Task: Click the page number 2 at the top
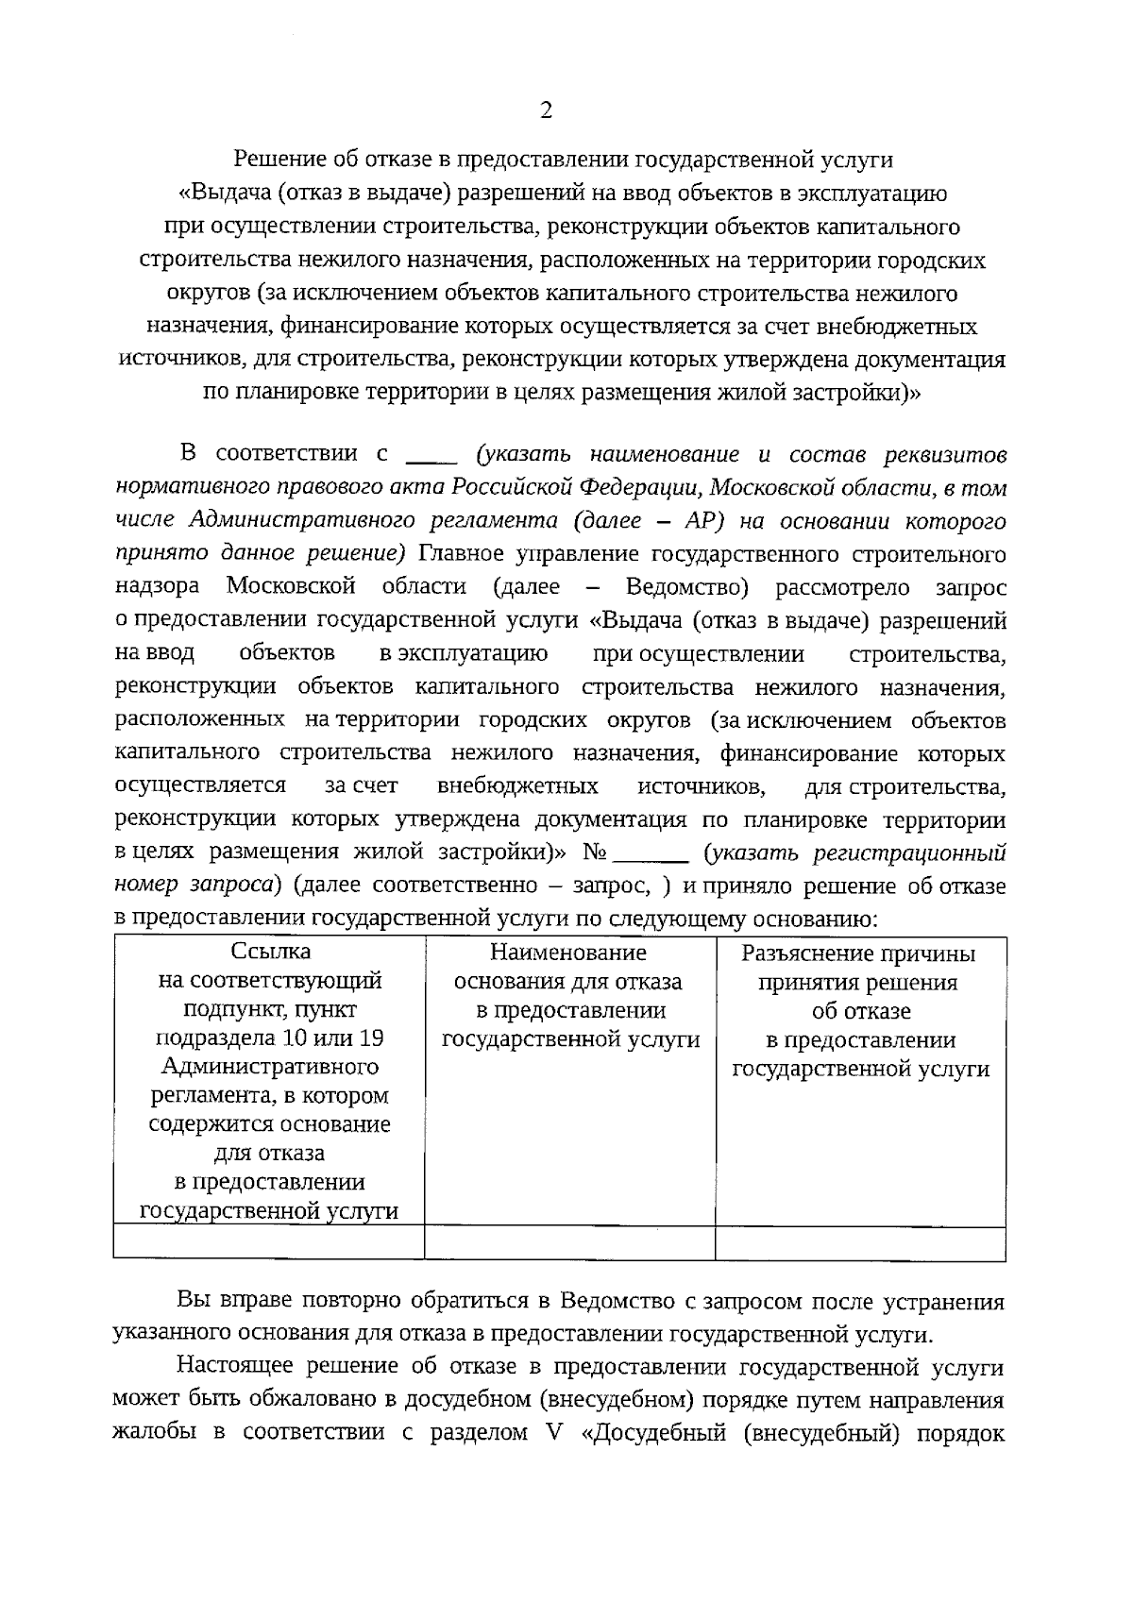pos(545,111)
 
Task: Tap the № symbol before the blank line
pos(594,852)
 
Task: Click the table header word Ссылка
pos(270,952)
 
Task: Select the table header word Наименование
pos(568,952)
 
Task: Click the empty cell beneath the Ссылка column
pos(269,1241)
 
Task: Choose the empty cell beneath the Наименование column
pos(569,1241)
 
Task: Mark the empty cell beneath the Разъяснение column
pos(860,1241)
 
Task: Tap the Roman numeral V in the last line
pos(552,1432)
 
